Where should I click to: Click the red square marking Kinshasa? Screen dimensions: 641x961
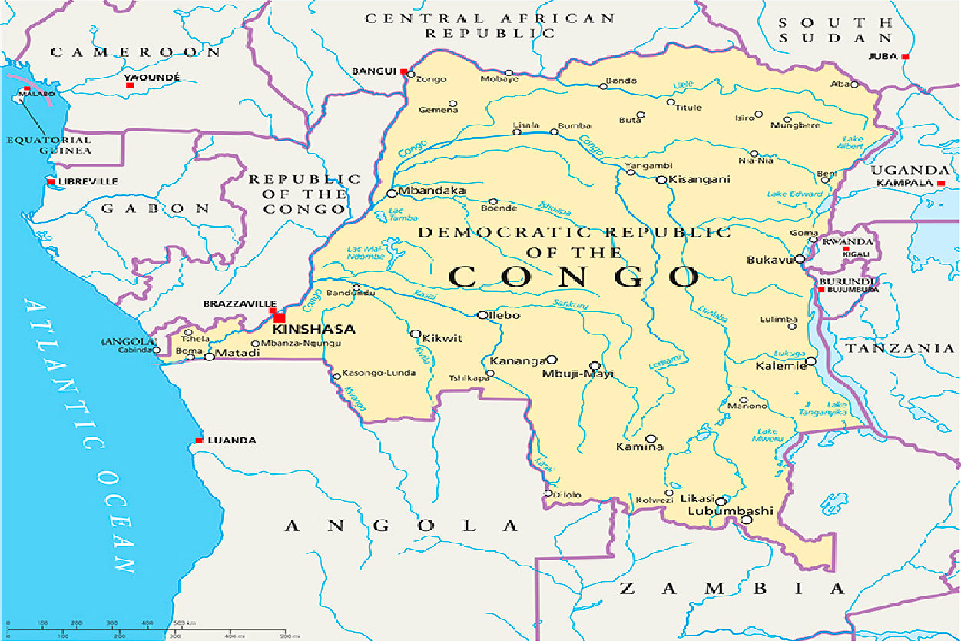click(279, 317)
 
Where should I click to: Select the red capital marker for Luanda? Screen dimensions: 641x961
click(199, 440)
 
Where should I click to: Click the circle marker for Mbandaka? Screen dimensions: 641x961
click(392, 194)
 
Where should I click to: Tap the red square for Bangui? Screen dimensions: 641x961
click(403, 71)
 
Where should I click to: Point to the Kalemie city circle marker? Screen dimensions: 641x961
click(810, 361)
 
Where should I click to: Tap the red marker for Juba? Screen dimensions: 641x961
click(906, 56)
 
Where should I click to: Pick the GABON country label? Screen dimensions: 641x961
click(156, 208)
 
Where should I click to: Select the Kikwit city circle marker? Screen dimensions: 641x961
click(416, 334)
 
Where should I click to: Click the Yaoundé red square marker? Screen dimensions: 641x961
click(129, 85)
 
